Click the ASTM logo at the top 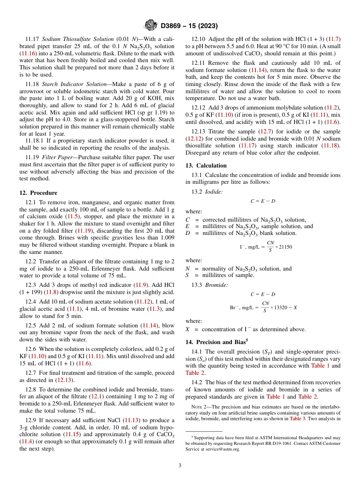click(x=151, y=26)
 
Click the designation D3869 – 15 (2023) click(x=189, y=26)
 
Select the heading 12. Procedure click(x=38, y=193)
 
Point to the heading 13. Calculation click(x=206, y=166)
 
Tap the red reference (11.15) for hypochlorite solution click(x=72, y=434)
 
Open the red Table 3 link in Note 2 click(x=298, y=419)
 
